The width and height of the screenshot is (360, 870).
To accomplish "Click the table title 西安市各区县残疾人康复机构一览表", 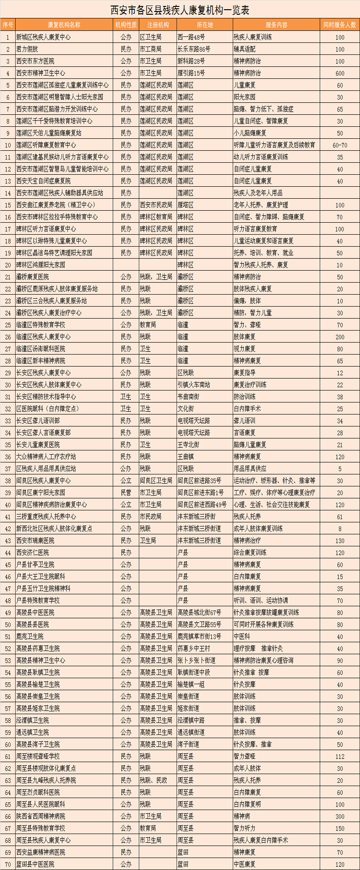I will click(180, 10).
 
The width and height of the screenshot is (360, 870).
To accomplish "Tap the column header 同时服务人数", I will click(339, 25).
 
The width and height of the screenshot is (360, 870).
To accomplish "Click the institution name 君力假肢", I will click(27, 49).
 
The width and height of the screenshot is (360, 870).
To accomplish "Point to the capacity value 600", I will click(340, 73).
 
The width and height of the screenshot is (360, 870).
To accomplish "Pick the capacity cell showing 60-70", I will click(340, 145).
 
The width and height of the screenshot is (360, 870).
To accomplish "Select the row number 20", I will click(8, 265).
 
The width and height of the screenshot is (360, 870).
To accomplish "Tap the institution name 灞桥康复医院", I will click(32, 277).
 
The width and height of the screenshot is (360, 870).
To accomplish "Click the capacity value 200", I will click(340, 337).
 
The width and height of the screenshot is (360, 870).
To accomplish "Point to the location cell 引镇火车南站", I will click(194, 385).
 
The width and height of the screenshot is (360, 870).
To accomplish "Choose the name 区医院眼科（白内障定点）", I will click(47, 408).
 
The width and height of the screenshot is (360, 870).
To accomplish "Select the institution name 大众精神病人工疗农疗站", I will click(46, 456).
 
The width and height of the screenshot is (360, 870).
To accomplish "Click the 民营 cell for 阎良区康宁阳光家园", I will click(126, 492).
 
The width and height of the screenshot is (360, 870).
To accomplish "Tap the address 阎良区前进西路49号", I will click(202, 504).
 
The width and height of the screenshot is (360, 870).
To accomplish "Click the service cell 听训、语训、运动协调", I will click(260, 600).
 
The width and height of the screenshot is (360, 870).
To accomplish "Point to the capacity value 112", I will click(340, 756).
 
